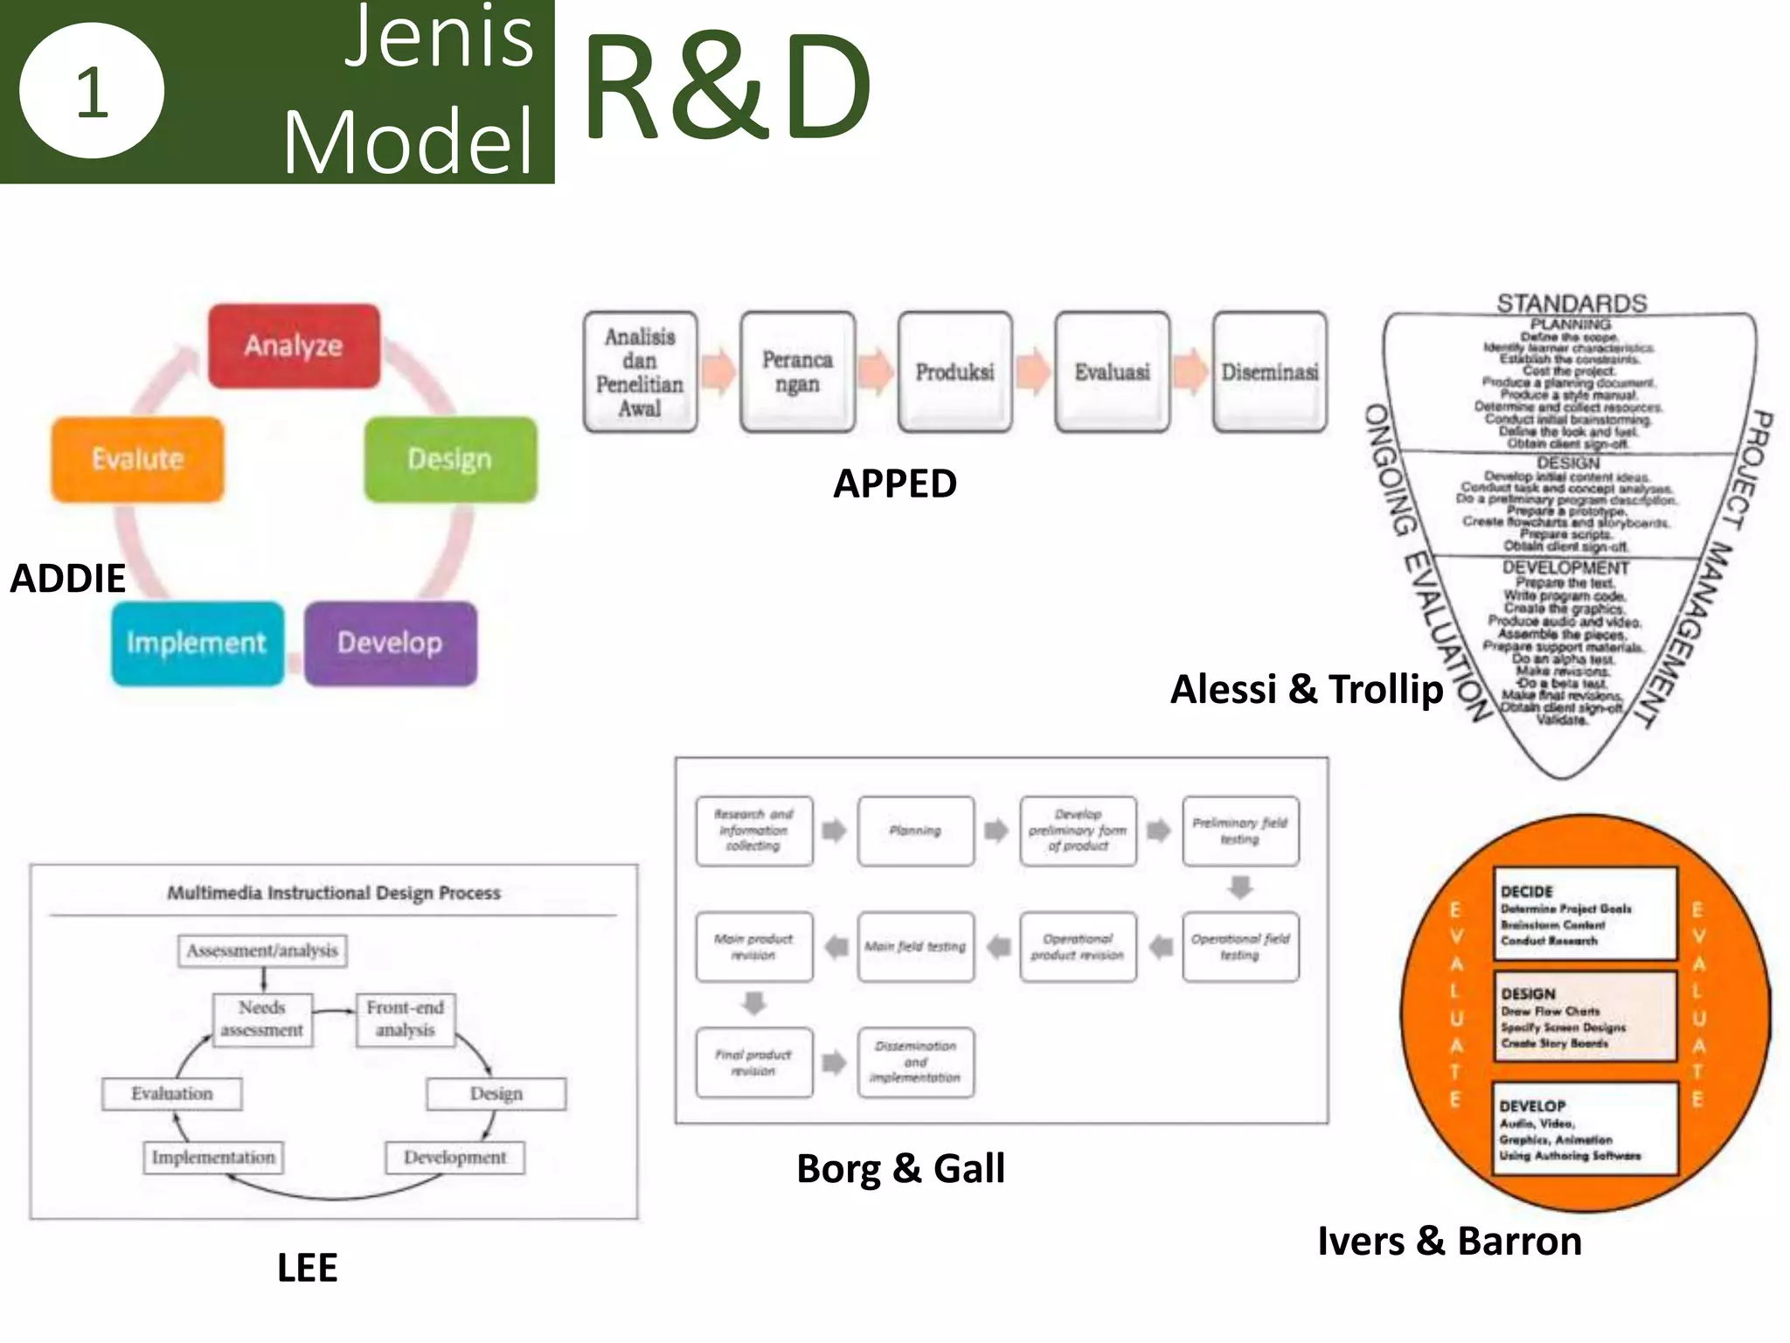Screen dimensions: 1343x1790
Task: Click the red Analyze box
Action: [x=294, y=346]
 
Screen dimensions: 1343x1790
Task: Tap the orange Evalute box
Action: [x=137, y=459]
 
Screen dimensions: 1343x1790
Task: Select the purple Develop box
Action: [x=390, y=644]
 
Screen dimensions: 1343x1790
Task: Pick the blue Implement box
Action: [x=197, y=644]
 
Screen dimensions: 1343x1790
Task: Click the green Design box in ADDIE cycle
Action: [x=450, y=459]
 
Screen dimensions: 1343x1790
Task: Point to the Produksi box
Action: [x=954, y=372]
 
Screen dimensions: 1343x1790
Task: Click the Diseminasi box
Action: [x=1269, y=372]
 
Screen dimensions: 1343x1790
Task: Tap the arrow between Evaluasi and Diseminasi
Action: [x=1190, y=371]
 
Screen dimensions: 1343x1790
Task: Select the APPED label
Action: [x=894, y=484]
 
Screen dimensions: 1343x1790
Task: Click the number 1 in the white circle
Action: [x=92, y=92]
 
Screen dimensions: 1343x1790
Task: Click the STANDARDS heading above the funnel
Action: [x=1571, y=303]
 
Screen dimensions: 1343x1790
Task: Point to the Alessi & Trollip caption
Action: [x=1306, y=689]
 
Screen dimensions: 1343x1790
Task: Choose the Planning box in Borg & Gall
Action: [x=915, y=831]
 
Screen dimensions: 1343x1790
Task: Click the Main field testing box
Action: [x=915, y=947]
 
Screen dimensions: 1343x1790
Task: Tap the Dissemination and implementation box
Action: [x=915, y=1062]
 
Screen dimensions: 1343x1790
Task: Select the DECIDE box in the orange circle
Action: [x=1585, y=915]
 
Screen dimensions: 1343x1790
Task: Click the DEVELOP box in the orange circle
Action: [x=1585, y=1129]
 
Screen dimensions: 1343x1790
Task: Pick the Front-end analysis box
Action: [x=406, y=1019]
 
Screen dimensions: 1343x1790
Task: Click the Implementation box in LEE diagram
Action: [x=213, y=1158]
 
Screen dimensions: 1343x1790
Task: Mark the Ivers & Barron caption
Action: [x=1449, y=1241]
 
